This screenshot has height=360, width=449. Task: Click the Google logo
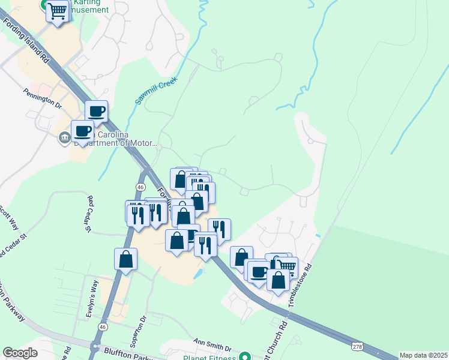coord(20,352)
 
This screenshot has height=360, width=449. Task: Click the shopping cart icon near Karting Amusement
coord(57,11)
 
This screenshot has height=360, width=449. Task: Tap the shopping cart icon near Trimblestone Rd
coord(287,266)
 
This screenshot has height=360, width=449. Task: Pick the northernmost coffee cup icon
coord(96,111)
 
